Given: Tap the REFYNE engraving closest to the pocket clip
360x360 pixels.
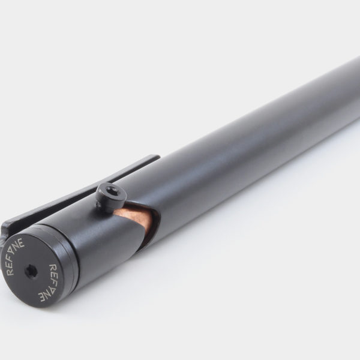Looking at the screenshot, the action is click(x=15, y=256).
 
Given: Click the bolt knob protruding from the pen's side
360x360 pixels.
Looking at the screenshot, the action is click(x=111, y=198).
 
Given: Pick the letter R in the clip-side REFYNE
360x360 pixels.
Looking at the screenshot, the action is click(x=10, y=271).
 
